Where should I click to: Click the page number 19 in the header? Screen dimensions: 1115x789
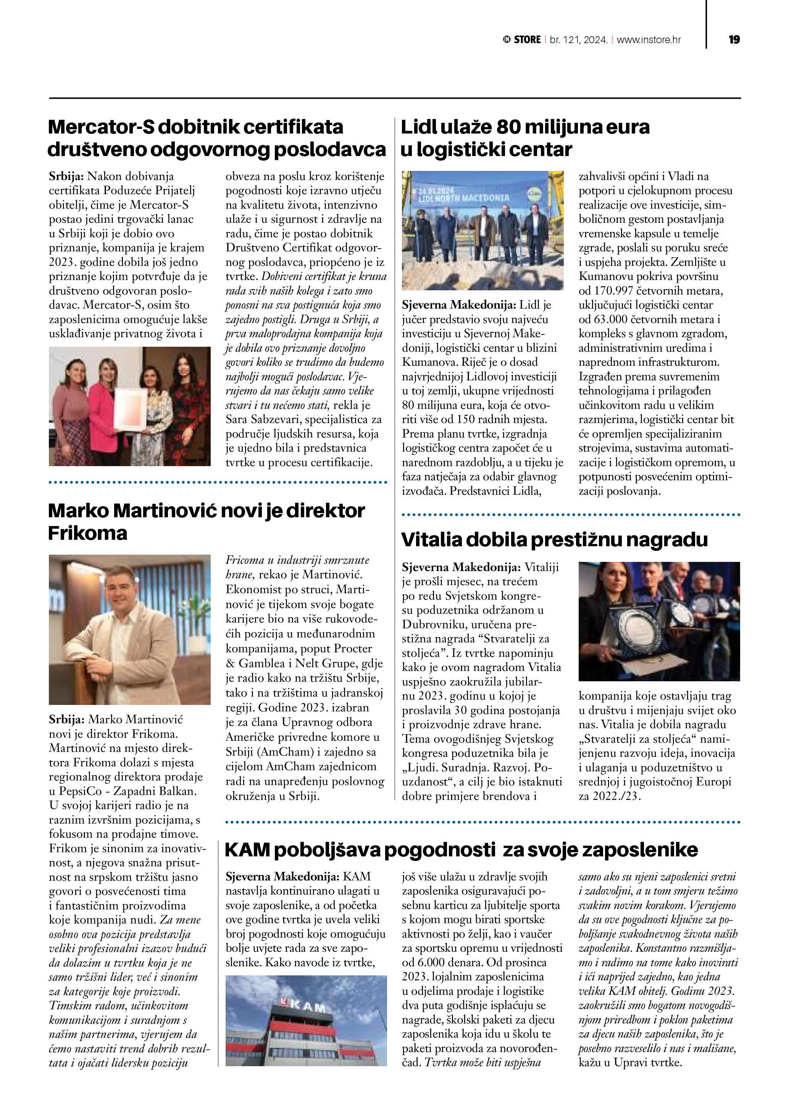tap(734, 40)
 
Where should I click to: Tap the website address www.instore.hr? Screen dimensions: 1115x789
tap(649, 40)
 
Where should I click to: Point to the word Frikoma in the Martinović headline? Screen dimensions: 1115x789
tap(87, 533)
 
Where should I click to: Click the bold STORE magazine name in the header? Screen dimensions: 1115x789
tap(527, 40)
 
